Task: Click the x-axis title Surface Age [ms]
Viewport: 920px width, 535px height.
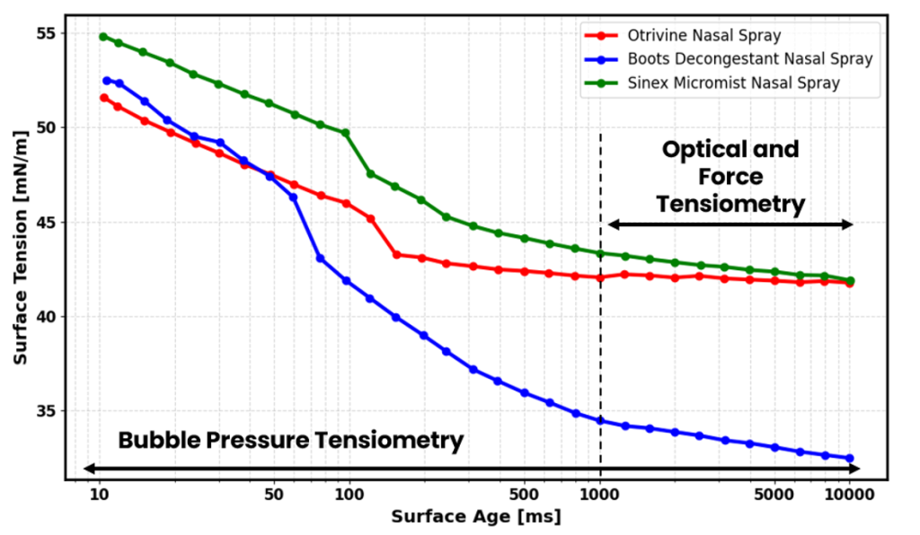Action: coord(476,517)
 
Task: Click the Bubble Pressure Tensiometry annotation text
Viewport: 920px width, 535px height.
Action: coord(291,441)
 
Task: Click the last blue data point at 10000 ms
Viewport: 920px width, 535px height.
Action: coord(850,459)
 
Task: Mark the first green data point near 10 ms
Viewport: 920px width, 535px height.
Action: coord(102,37)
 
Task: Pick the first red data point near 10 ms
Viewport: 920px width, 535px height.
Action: coord(103,98)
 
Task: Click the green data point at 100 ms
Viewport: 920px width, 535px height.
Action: coord(345,133)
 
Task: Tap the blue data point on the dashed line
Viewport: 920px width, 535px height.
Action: coord(600,421)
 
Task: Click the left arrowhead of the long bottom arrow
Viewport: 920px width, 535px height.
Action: coord(88,468)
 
